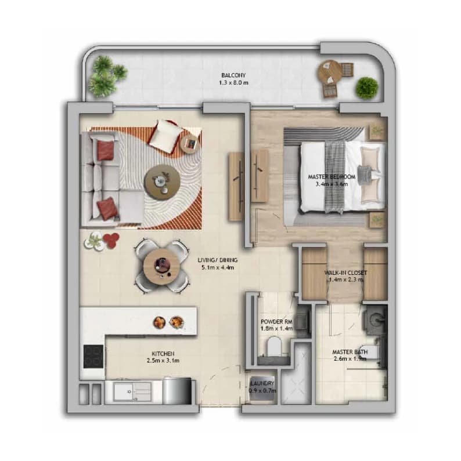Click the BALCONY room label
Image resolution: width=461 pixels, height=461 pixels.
233,75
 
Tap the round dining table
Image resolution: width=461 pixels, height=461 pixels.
161,266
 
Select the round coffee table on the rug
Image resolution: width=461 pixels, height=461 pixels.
162,183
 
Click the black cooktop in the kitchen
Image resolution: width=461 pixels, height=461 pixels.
93,357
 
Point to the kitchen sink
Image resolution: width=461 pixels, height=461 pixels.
132,391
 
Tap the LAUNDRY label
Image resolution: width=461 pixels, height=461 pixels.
262,383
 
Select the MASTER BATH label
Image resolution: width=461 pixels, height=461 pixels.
350,352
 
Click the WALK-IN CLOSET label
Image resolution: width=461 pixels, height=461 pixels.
345,273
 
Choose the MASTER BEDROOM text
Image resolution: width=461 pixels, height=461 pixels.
332,177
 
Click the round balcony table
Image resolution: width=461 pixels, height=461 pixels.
330,72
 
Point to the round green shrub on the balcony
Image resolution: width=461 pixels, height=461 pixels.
367,88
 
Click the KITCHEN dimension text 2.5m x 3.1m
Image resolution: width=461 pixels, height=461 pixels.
163,361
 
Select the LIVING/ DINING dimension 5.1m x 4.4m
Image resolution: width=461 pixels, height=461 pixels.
218,267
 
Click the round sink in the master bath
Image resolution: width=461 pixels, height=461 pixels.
376,318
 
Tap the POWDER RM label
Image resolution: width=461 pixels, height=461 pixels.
276,322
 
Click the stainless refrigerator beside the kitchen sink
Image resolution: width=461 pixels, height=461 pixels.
177,390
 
